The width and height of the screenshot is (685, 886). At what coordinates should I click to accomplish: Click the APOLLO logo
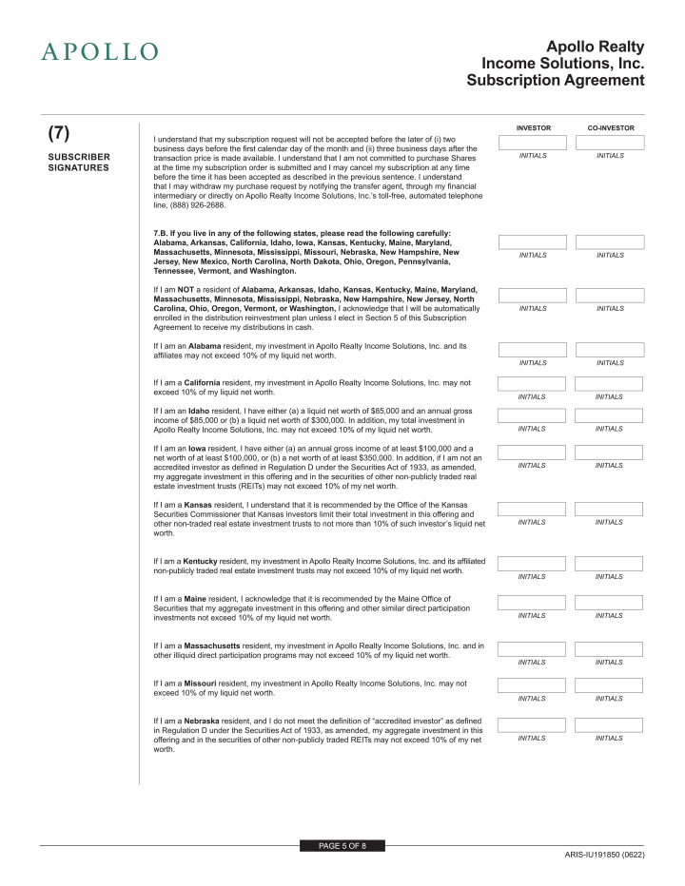pyautogui.click(x=99, y=51)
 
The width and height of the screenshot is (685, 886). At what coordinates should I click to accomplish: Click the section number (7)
pyautogui.click(x=59, y=132)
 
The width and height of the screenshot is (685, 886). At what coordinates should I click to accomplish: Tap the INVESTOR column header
pyautogui.click(x=533, y=127)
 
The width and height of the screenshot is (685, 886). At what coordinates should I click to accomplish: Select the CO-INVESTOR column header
pyautogui.click(x=610, y=127)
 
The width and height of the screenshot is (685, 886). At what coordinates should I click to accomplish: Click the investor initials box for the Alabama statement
pyautogui.click(x=533, y=350)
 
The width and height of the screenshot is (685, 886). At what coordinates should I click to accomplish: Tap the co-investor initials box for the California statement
pyautogui.click(x=610, y=383)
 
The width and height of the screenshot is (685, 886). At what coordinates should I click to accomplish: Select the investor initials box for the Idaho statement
pyautogui.click(x=533, y=415)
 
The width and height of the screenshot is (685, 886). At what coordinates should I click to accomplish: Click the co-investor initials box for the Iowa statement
pyautogui.click(x=610, y=453)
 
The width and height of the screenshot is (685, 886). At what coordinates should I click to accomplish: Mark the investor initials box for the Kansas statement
pyautogui.click(x=533, y=509)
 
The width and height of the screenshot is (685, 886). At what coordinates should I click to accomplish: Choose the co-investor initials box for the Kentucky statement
pyautogui.click(x=610, y=563)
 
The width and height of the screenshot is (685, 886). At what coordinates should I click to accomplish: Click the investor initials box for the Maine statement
pyautogui.click(x=533, y=602)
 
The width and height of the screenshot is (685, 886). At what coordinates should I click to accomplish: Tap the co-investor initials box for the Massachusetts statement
pyautogui.click(x=610, y=649)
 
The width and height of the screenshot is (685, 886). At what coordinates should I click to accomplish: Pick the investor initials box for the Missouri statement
pyautogui.click(x=533, y=685)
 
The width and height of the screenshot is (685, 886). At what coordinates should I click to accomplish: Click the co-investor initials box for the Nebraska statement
pyautogui.click(x=610, y=725)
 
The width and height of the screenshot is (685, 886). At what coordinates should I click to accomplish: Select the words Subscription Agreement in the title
pyautogui.click(x=556, y=81)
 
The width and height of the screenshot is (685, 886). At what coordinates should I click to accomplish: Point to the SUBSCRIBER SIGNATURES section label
pyautogui.click(x=79, y=163)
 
